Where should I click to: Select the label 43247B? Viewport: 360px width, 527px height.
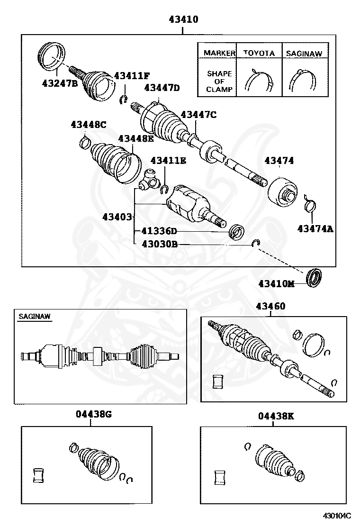point(59,82)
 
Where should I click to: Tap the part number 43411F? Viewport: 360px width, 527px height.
point(131,76)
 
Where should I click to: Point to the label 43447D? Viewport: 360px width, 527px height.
point(162,88)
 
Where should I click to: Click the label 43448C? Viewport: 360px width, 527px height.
point(89,125)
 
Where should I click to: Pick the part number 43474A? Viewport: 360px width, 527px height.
point(315,229)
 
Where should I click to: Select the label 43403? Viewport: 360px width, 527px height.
point(117,217)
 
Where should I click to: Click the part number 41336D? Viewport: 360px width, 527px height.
point(159,231)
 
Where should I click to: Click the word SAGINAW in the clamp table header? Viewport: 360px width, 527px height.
point(304,54)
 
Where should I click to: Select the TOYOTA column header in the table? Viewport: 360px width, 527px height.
point(259,54)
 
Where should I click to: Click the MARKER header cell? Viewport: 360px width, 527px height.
point(219,54)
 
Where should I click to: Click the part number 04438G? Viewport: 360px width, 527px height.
point(93,414)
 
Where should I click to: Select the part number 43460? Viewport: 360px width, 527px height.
point(270,306)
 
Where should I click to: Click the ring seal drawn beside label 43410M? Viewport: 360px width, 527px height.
point(315,278)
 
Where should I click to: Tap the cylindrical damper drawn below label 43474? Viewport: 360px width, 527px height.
point(283,193)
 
